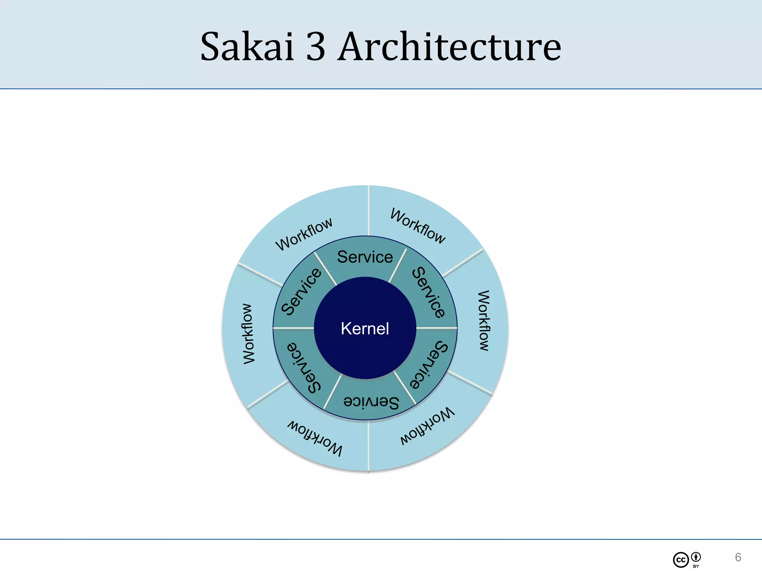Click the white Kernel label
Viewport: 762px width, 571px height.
tap(365, 329)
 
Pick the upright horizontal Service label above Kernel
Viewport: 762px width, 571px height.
tap(365, 257)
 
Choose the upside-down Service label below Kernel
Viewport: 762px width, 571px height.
tap(371, 401)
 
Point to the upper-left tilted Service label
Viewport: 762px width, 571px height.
tap(301, 292)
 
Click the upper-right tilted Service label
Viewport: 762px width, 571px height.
tap(429, 293)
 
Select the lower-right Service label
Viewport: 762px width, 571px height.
tap(429, 365)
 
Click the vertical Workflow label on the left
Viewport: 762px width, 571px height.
tap(249, 333)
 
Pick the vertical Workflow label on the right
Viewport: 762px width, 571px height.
tap(483, 320)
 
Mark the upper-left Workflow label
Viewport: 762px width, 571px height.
tap(304, 234)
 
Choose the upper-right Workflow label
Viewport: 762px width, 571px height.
tap(417, 226)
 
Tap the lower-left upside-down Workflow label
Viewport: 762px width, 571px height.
tap(315, 438)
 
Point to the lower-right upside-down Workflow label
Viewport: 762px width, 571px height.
tap(427, 426)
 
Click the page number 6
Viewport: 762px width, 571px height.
tap(738, 557)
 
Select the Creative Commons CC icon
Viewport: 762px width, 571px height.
tap(681, 560)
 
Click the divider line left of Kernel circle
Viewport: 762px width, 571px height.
tap(294, 328)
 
